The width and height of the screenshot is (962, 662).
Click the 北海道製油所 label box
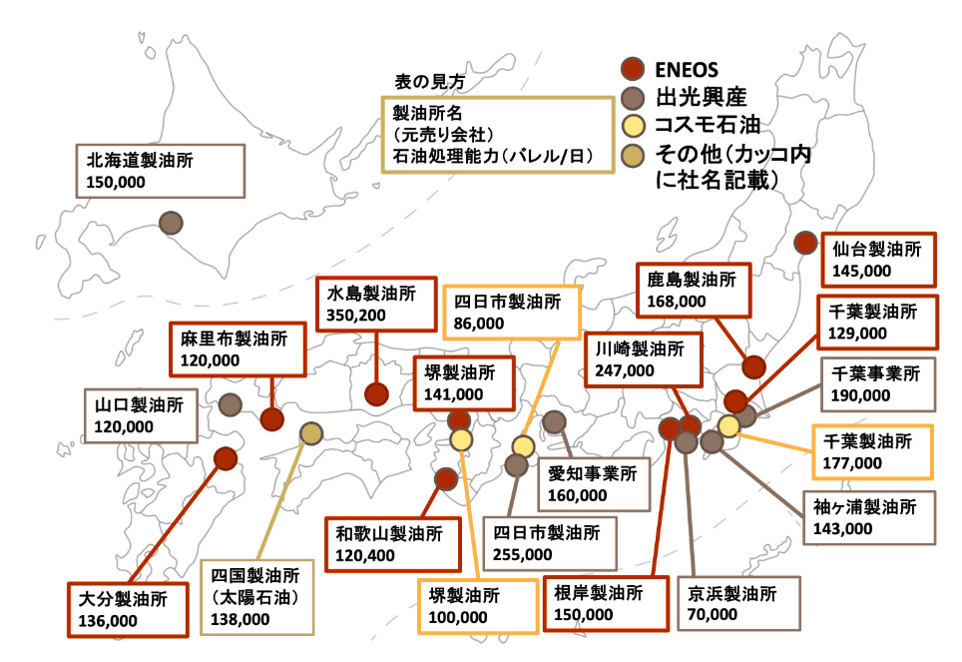coord(161,170)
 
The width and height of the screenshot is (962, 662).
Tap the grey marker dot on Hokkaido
coord(171,223)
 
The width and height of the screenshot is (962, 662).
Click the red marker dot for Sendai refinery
coord(806,243)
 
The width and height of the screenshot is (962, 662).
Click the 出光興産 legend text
coord(702,97)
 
